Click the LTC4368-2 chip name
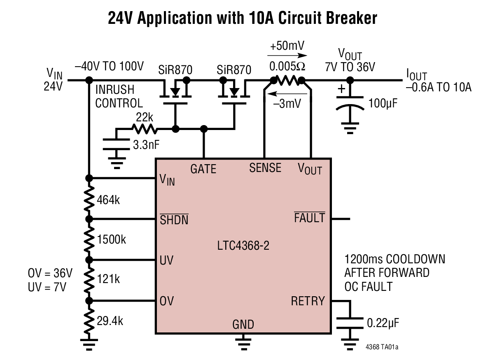tap(243, 246)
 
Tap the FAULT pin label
tap(309, 218)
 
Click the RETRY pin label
tap(307, 301)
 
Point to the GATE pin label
tap(203, 169)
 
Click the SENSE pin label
tap(265, 168)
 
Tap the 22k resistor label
tap(145, 118)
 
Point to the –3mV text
tap(287, 104)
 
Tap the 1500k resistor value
tap(112, 239)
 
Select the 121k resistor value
tap(108, 279)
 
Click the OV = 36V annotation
tap(50, 273)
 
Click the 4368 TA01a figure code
tap(382, 348)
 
